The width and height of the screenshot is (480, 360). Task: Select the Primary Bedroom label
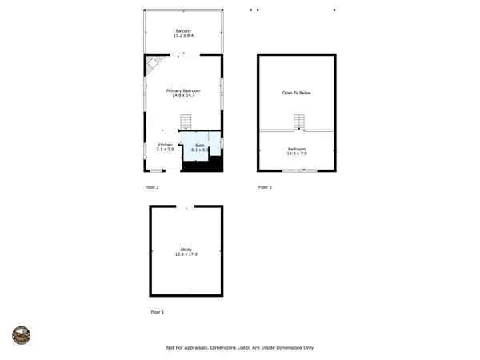[x=183, y=90]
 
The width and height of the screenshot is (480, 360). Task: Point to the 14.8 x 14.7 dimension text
[x=183, y=95]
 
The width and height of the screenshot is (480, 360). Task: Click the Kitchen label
[x=164, y=145]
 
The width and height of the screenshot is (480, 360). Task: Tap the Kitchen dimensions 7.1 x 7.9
[x=164, y=150]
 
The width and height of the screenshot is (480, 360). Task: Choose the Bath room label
[x=199, y=145]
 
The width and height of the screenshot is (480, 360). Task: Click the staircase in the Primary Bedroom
[x=186, y=122]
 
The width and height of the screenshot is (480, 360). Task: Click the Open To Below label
[x=296, y=94]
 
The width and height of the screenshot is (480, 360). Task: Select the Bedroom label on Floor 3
[x=296, y=149]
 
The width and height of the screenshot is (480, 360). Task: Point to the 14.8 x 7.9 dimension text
[x=296, y=154]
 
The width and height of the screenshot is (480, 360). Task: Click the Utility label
[x=186, y=250]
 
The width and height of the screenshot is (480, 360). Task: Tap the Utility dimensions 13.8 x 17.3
[x=186, y=254]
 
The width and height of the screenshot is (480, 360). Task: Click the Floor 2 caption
[x=152, y=187]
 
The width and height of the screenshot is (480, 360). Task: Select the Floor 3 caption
[x=265, y=187]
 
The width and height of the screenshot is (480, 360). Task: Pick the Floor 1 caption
[x=158, y=311]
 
